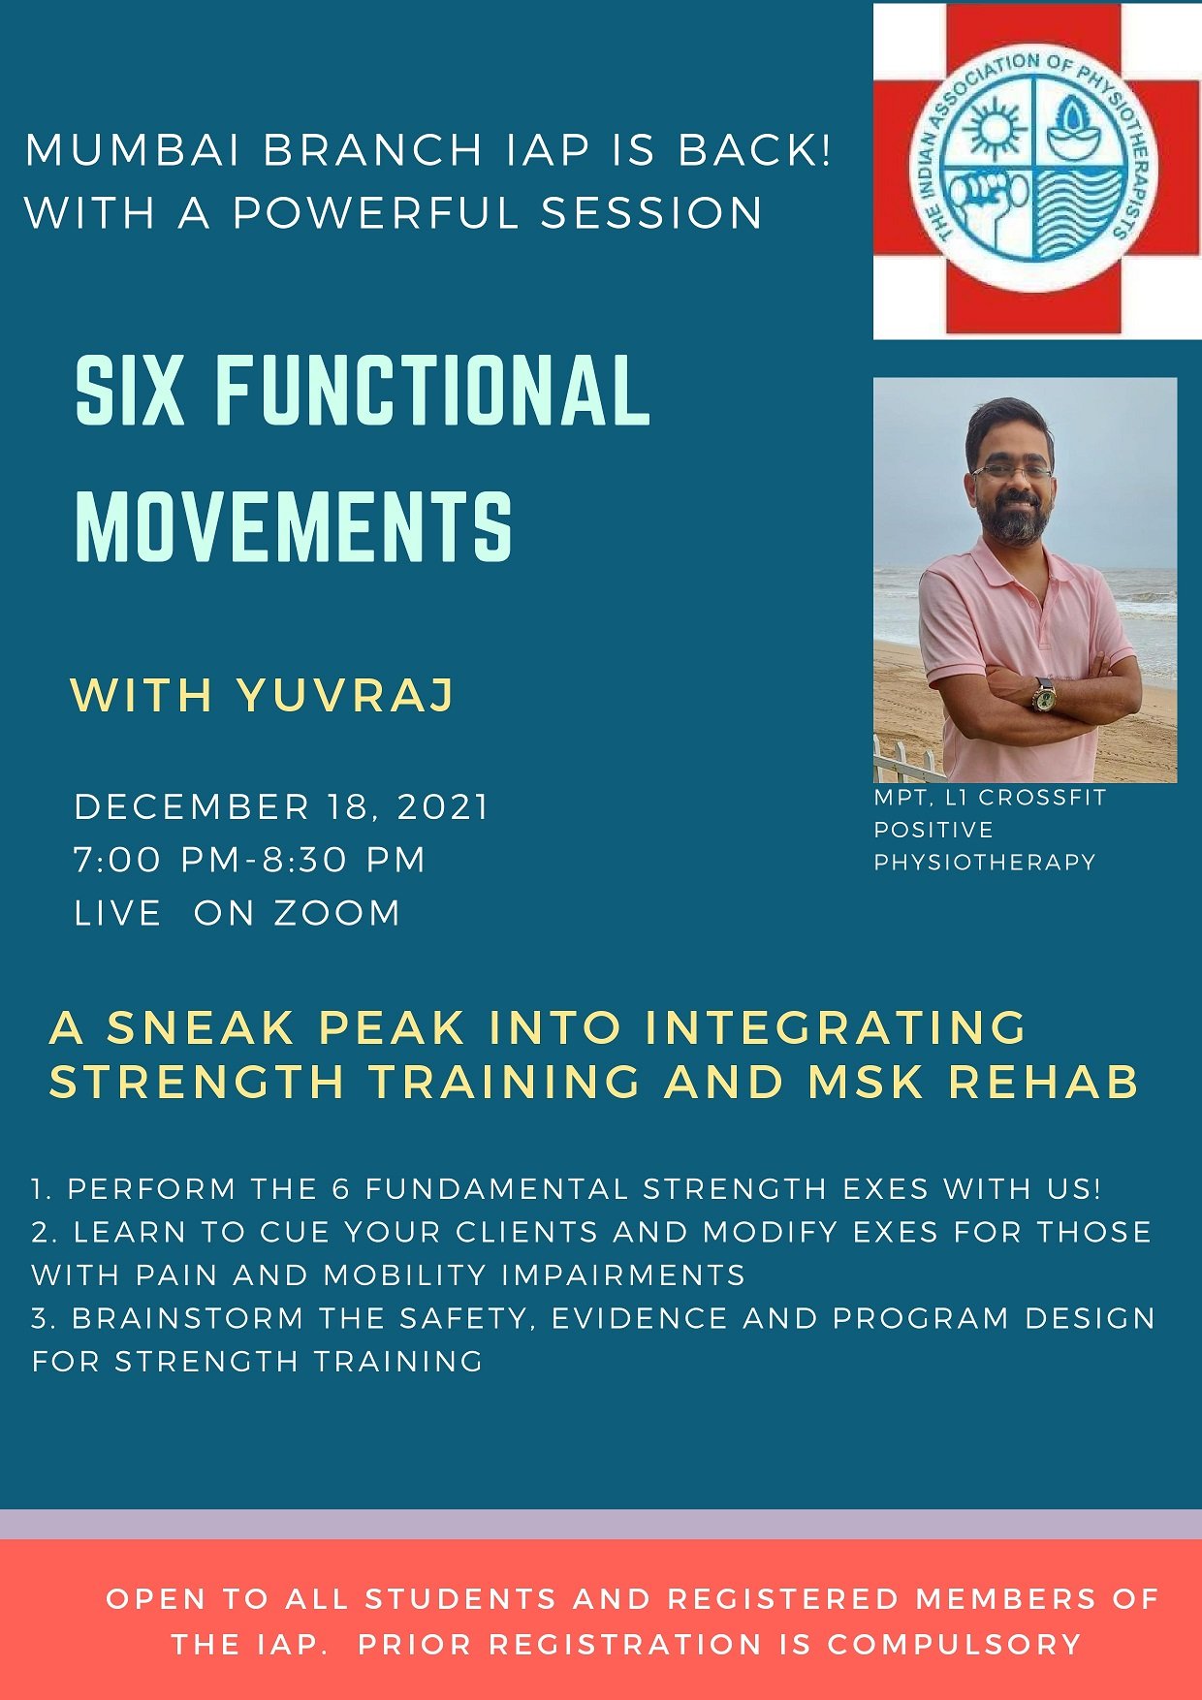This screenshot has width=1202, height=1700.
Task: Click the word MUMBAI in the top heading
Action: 132,151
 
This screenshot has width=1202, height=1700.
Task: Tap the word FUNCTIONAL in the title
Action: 431,391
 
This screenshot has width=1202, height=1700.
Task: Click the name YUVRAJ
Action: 346,695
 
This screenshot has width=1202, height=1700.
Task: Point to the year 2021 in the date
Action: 443,807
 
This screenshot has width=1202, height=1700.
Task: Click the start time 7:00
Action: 116,860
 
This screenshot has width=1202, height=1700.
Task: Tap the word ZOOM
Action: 336,913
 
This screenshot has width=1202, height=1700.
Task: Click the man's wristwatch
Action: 1045,695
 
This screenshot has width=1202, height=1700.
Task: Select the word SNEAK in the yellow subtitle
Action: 200,1027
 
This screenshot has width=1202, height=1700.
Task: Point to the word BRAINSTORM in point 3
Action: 187,1319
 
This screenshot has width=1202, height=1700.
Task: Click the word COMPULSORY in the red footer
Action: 954,1645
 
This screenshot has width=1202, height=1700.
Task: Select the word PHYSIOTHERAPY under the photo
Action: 984,863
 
